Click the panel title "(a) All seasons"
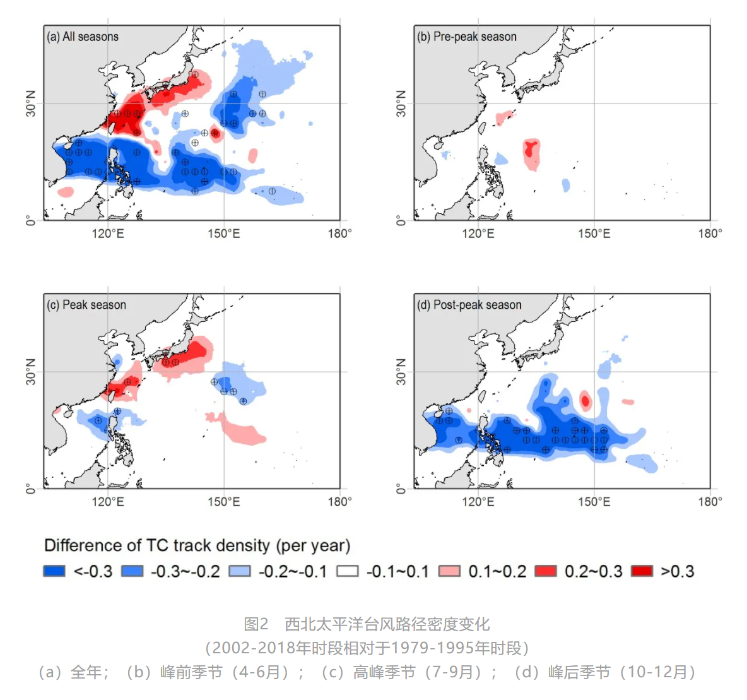click(x=83, y=37)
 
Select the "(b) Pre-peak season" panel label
click(x=467, y=37)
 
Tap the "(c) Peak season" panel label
click(x=86, y=305)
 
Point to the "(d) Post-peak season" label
click(x=469, y=305)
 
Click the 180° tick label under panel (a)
click(x=339, y=234)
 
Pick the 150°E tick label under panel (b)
click(x=594, y=234)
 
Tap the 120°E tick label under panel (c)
click(x=108, y=502)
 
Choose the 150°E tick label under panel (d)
click(x=594, y=502)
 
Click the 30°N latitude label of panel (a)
click(x=30, y=104)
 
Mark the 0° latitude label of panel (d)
click(x=401, y=489)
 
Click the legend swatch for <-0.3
click(x=54, y=571)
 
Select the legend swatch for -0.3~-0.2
click(x=132, y=571)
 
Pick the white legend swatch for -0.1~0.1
click(x=347, y=571)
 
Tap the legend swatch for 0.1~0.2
click(x=449, y=571)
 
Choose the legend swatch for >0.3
click(x=642, y=571)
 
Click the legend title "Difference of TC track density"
click(x=197, y=545)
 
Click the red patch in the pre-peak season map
click(x=531, y=152)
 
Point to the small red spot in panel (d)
click(x=585, y=400)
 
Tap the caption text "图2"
click(x=256, y=624)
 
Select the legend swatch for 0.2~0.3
click(x=546, y=571)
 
